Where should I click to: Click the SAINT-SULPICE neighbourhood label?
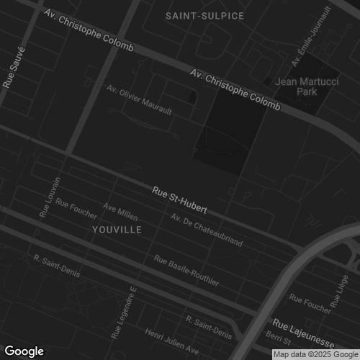(x=204, y=15)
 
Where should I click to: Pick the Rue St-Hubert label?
(x=180, y=201)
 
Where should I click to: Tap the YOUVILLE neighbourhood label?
(x=117, y=229)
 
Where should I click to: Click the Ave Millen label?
(x=120, y=212)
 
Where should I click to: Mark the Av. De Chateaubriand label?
(x=207, y=230)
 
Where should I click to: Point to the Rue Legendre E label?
(x=123, y=314)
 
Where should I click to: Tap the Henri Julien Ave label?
(x=172, y=341)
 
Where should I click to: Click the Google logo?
(x=24, y=351)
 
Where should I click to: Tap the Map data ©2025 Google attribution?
(x=315, y=354)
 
